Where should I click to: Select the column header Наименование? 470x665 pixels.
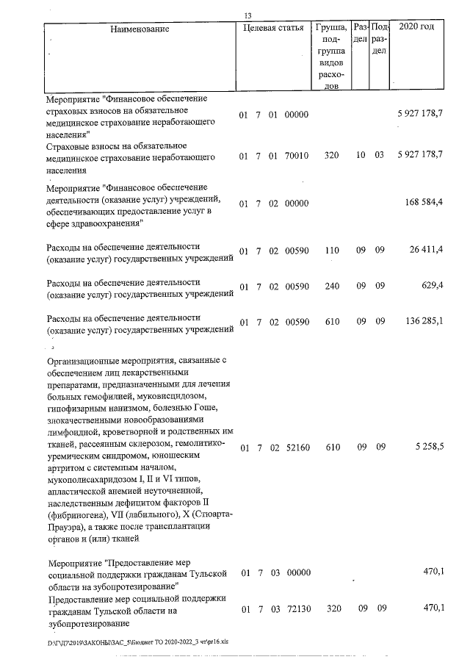(x=140, y=29)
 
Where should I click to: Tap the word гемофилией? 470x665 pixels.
(x=114, y=396)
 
